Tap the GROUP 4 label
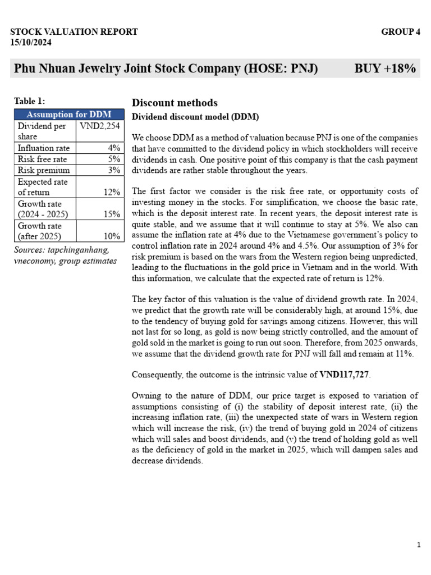(x=400, y=32)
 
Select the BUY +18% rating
(x=385, y=69)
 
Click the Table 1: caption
(x=29, y=101)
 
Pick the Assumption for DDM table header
(x=69, y=115)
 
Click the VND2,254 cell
(x=100, y=126)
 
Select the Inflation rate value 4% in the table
(x=114, y=148)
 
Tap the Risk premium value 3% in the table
(x=114, y=170)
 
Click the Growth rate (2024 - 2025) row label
(x=40, y=209)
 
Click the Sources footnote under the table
(x=65, y=255)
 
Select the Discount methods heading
(x=175, y=103)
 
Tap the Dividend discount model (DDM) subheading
(x=195, y=117)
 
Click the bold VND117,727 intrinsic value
(x=345, y=374)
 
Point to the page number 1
(x=419, y=545)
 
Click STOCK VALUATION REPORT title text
(x=74, y=32)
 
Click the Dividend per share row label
(x=42, y=131)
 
